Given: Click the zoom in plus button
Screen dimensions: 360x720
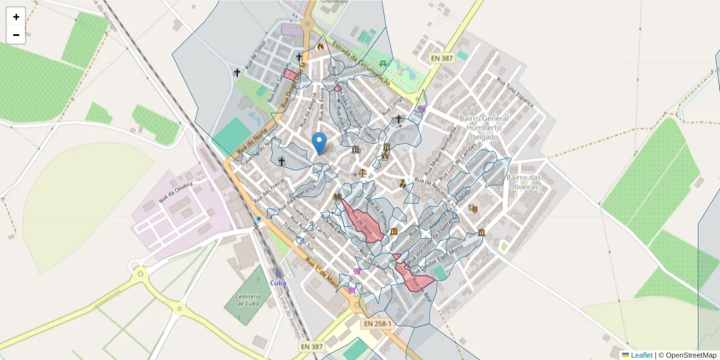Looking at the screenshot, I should coord(16,17).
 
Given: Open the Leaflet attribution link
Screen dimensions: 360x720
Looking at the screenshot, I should coord(641,355).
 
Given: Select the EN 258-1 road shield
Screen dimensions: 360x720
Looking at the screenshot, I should coord(377,324).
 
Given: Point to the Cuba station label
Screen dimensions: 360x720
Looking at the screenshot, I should coord(278,283).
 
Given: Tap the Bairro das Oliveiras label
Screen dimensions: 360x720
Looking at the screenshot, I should coord(523,182).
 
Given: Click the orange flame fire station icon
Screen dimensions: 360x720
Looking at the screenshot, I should coord(321,46).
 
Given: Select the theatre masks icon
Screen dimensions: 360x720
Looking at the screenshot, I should coord(473,208).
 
